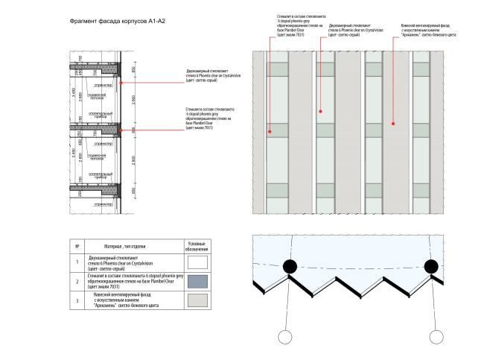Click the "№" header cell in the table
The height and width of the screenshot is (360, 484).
[x=77, y=246]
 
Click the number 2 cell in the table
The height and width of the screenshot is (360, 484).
[x=77, y=281]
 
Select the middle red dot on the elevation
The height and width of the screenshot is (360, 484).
[x=321, y=111]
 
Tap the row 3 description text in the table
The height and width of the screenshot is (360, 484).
[x=130, y=300]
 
